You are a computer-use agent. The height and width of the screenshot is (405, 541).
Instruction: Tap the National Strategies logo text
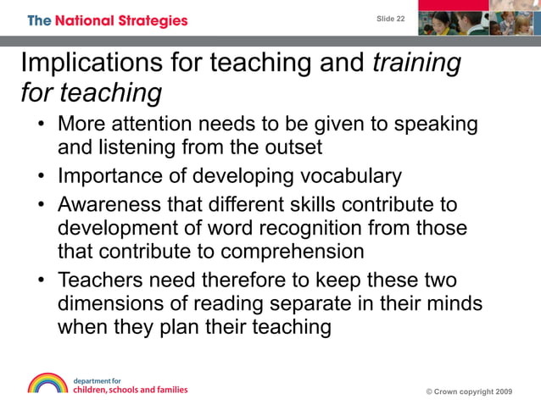click(x=108, y=20)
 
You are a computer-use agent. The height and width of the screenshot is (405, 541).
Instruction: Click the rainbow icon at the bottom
click(x=47, y=383)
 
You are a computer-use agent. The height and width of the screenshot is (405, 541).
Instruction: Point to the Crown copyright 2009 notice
click(x=469, y=391)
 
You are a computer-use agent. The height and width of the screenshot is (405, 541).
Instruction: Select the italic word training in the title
click(x=417, y=63)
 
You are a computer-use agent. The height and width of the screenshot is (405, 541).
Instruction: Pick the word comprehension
click(x=293, y=252)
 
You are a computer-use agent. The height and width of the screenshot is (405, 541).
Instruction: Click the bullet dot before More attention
click(x=41, y=126)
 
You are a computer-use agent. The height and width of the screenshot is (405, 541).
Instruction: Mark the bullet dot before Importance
click(x=41, y=178)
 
